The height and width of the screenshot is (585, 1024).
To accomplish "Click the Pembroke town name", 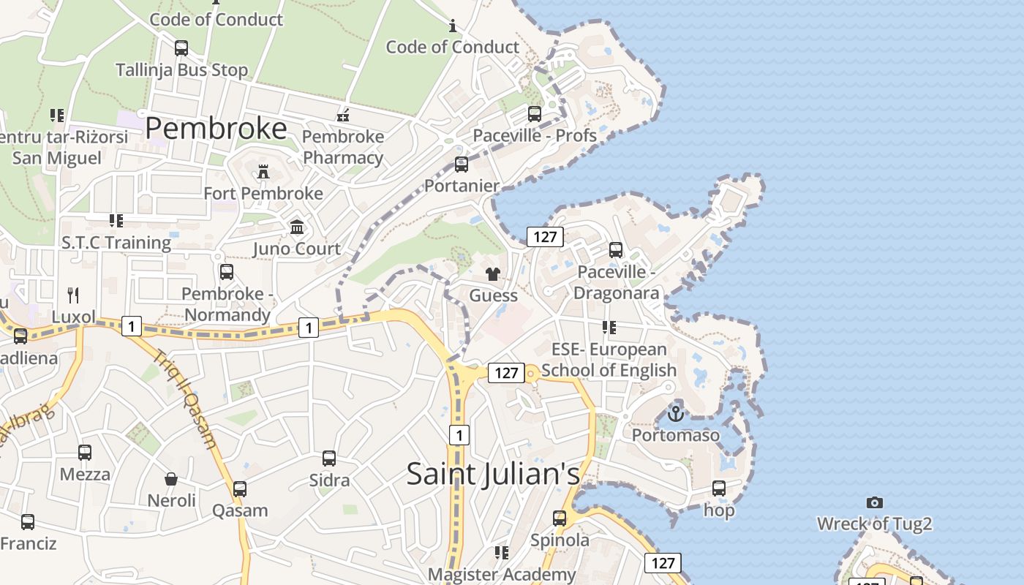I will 216,128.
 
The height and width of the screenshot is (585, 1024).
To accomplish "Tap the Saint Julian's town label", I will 493,473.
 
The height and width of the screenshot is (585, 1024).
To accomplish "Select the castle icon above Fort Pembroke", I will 263,172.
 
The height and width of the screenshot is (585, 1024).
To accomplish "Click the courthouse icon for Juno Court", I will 297,227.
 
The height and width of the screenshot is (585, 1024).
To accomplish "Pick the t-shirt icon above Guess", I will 493,274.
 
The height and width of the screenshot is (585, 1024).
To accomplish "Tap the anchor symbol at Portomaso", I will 676,414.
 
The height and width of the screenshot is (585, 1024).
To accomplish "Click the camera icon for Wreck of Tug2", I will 874,502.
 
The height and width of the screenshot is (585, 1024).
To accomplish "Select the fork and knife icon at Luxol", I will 73,295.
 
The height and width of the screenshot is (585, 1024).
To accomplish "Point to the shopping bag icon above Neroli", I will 171,479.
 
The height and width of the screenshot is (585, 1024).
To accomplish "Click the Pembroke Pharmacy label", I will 343,147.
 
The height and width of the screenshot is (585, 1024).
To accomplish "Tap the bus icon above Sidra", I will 329,458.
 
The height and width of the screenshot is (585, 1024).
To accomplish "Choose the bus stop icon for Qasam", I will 240,489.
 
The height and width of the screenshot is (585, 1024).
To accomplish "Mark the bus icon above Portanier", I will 462,165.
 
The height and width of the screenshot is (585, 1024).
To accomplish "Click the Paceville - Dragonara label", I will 617,282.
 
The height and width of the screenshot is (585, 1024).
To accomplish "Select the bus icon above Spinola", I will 560,518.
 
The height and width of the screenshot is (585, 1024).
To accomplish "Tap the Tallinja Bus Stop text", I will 182,70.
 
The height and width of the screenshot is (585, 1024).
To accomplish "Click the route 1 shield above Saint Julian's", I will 459,436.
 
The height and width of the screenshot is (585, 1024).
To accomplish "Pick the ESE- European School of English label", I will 609,360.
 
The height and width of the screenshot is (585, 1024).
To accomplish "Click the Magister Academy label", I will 502,574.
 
